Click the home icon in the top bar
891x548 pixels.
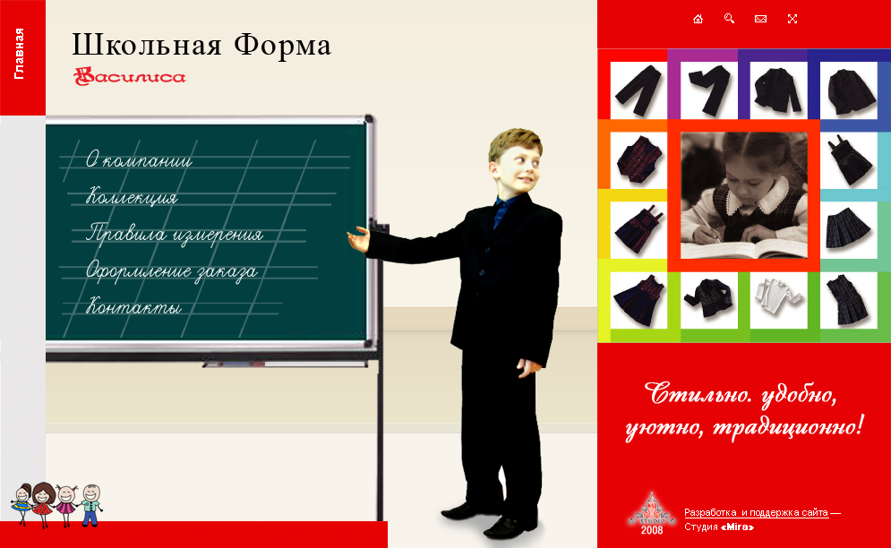[698, 19]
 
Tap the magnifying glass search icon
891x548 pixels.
[729, 19]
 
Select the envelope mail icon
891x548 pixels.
[760, 19]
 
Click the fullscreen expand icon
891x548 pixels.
[792, 19]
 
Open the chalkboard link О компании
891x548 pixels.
[139, 161]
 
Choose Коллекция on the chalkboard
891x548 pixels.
[132, 198]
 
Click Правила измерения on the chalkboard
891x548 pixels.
[174, 235]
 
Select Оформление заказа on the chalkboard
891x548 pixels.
[171, 271]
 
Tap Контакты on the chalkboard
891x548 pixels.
[133, 308]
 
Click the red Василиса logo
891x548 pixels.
[129, 77]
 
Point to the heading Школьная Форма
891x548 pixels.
[201, 45]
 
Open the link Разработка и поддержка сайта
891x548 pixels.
[756, 512]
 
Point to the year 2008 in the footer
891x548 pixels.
[654, 530]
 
